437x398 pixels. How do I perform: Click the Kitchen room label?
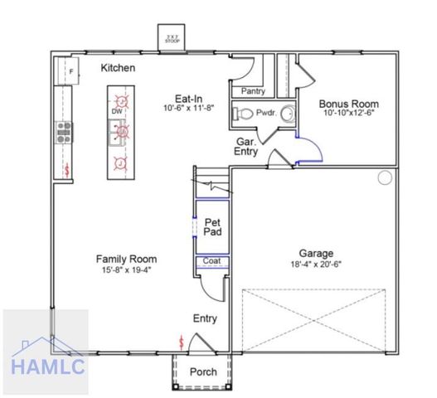119,67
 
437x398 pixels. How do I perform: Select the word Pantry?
253,91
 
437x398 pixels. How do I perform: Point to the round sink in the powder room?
288,113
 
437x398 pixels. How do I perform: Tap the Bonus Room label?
348,104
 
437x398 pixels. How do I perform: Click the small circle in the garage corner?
385,178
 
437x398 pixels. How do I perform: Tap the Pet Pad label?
212,226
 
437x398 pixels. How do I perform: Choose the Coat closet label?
211,262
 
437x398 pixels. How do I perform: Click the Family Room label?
126,259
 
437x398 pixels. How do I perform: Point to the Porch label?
203,372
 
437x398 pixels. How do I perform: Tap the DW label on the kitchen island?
118,110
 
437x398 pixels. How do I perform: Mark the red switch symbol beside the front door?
182,342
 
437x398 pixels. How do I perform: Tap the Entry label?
205,318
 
